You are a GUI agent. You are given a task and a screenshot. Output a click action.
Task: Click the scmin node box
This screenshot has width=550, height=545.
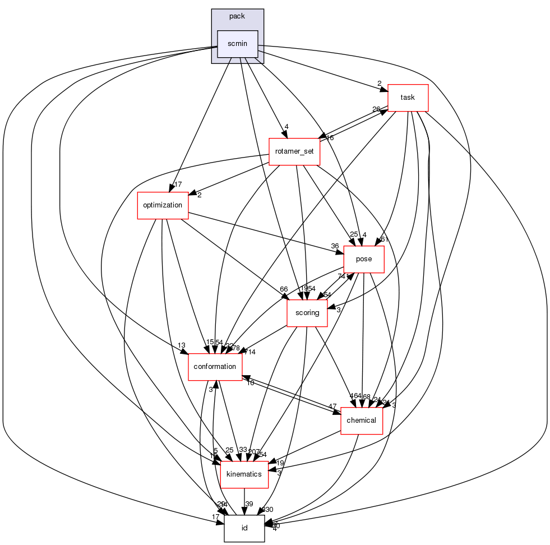[237, 44]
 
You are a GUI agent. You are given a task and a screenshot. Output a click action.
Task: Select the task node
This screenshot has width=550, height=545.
[408, 98]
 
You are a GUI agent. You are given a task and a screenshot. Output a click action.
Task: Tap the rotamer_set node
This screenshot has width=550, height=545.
[294, 151]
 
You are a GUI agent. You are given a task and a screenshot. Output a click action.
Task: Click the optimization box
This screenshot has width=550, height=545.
[163, 205]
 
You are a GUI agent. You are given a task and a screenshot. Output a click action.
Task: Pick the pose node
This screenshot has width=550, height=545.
[363, 258]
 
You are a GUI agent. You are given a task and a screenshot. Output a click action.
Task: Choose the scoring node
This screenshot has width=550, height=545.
[307, 313]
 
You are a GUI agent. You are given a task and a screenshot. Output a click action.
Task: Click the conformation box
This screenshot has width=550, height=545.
[215, 367]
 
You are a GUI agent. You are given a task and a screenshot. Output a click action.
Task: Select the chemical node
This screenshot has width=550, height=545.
[362, 421]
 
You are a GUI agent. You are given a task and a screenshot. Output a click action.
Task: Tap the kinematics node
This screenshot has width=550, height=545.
[243, 474]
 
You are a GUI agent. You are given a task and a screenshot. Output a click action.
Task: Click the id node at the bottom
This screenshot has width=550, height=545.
[244, 528]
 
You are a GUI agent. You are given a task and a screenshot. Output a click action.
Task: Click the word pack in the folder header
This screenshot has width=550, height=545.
[237, 16]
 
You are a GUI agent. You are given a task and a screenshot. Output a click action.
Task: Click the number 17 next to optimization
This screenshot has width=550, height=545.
[178, 184]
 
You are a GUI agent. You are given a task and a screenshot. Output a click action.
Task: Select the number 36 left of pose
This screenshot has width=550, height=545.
[335, 246]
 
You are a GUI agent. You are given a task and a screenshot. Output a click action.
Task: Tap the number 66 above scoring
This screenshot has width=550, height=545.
[284, 289]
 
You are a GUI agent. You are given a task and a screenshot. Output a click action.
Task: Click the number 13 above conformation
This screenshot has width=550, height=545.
[182, 345]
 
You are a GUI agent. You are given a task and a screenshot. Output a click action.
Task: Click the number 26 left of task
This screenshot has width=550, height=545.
[376, 109]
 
